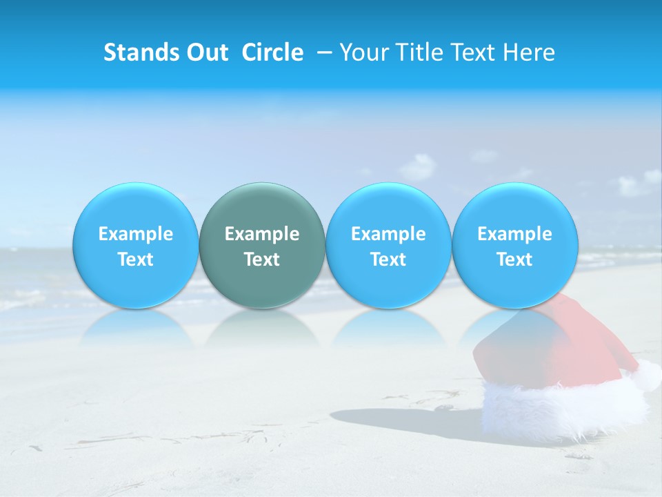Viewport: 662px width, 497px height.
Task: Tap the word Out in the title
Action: [205, 52]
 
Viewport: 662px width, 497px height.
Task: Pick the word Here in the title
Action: [530, 52]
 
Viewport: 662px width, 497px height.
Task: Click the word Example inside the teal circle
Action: [262, 234]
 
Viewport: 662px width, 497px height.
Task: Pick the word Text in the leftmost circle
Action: [135, 260]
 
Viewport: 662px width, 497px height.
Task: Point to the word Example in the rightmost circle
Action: [515, 234]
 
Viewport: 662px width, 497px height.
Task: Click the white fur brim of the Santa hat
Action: [559, 411]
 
